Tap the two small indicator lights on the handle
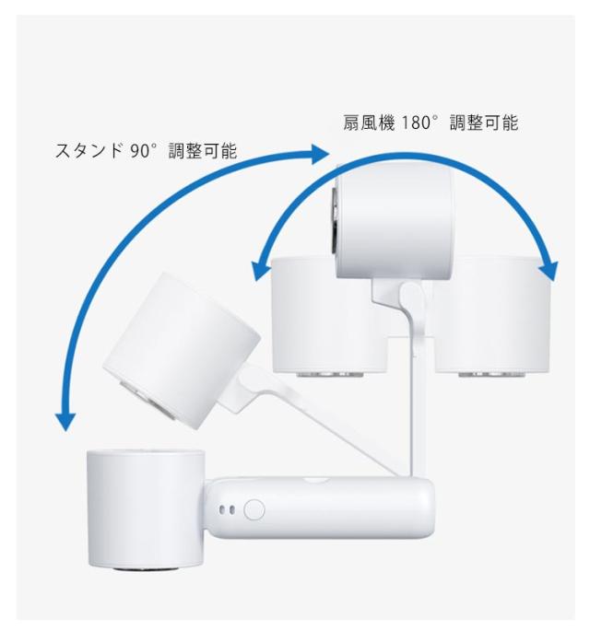point(228,509)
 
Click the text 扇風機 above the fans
point(362,123)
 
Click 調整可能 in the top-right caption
point(485,123)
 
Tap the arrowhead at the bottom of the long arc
point(65,420)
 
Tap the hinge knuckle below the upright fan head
point(411,299)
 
